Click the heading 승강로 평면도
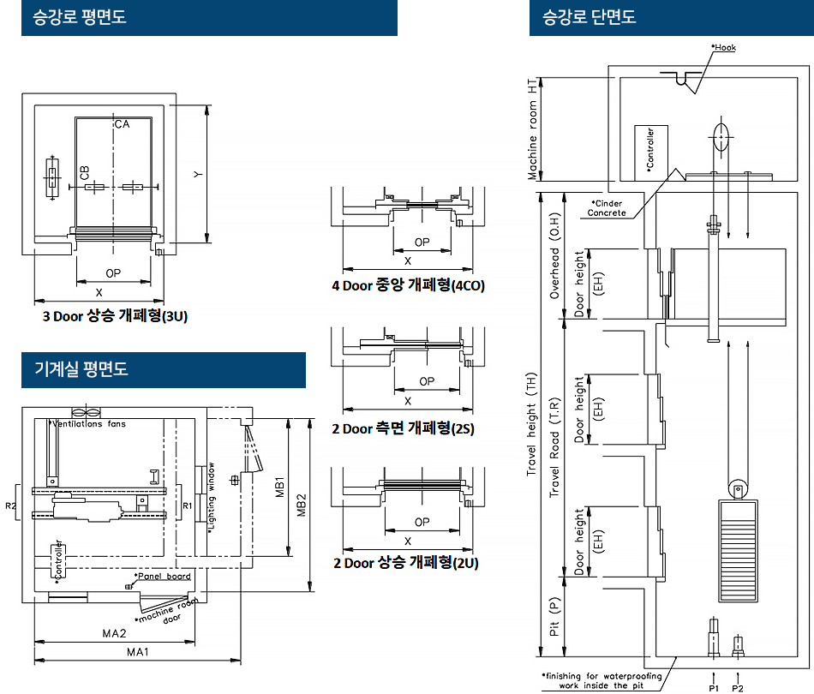click(x=80, y=16)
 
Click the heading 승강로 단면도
click(x=590, y=16)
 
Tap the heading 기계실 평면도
click(x=81, y=369)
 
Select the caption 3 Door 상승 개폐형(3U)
click(x=115, y=315)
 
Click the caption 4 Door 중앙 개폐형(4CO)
click(x=408, y=285)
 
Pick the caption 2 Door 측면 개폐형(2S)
click(x=404, y=428)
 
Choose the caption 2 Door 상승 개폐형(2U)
click(x=406, y=563)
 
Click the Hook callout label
click(x=724, y=47)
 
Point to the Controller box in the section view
click(x=651, y=153)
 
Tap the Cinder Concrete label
click(x=607, y=208)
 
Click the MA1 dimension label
click(x=138, y=652)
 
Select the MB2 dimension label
click(x=302, y=505)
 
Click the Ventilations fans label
click(x=89, y=423)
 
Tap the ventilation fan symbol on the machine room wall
click(x=87, y=412)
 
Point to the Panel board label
click(x=163, y=576)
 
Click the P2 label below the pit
click(x=738, y=688)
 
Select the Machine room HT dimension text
click(x=532, y=129)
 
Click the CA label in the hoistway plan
click(x=122, y=124)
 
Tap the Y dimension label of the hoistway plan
click(x=198, y=175)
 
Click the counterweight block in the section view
click(x=738, y=551)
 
